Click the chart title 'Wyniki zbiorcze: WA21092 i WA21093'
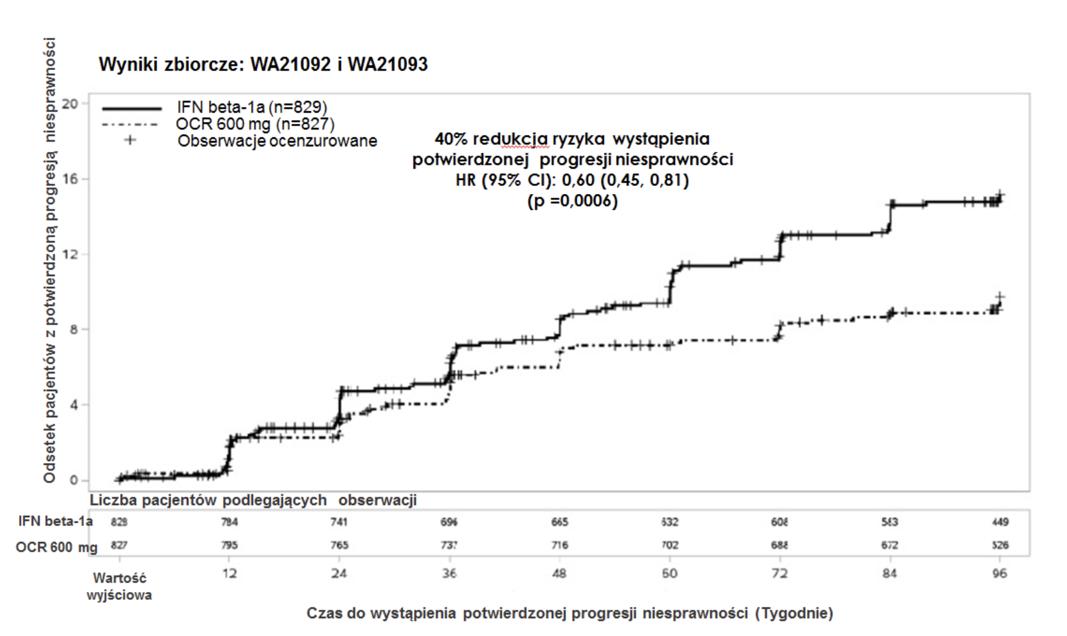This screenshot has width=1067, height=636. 263,64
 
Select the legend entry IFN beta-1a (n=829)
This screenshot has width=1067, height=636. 252,107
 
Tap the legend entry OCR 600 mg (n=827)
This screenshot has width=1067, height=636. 255,124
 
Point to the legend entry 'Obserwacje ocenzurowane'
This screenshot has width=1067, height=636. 277,141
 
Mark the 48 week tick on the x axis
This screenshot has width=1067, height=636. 560,574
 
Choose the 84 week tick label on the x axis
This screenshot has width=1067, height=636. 890,574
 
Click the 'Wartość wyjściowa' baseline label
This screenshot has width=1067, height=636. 120,586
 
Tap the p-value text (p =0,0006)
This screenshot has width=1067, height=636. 572,202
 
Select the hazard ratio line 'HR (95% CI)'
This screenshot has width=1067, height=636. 572,181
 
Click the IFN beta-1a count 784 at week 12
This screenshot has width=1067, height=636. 230,522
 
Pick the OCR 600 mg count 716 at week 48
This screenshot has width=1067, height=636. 560,545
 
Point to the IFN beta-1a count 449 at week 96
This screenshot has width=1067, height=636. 1000,522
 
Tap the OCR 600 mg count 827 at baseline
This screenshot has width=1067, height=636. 120,545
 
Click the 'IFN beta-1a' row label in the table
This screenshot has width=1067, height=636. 55,522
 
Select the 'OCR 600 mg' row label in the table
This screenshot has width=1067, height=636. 57,546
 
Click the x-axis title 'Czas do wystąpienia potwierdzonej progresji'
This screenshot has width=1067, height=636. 570,613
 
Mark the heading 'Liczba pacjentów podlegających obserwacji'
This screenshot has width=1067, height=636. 253,501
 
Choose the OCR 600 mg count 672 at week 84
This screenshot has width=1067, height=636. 890,545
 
